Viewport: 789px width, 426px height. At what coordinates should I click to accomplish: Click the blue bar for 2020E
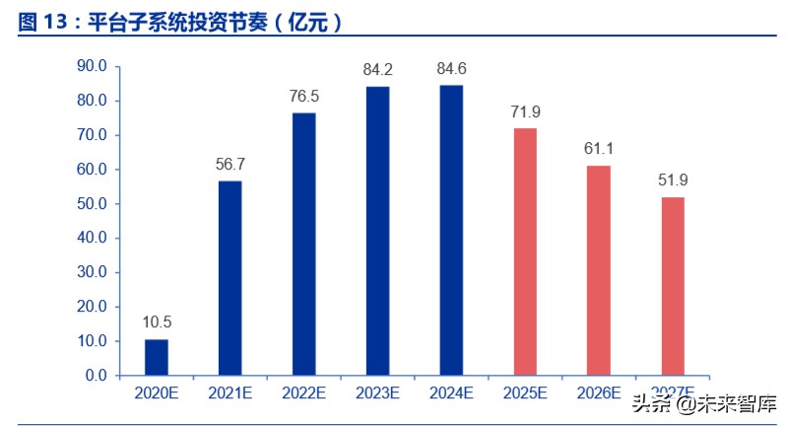click(157, 357)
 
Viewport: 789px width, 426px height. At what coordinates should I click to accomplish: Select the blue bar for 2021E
click(230, 278)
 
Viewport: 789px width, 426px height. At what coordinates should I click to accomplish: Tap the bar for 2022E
click(304, 244)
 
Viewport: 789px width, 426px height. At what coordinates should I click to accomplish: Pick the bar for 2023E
click(378, 231)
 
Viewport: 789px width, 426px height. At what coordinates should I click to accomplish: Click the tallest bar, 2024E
click(451, 230)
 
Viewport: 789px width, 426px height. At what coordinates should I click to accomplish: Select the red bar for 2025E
click(525, 251)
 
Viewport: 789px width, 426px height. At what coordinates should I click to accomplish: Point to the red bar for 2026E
click(599, 270)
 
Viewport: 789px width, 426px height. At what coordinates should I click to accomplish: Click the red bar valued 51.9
click(673, 286)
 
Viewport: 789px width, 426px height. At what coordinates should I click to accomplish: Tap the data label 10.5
click(157, 322)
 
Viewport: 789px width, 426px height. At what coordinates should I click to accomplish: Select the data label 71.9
click(525, 111)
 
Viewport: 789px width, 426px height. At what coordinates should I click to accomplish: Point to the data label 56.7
click(230, 164)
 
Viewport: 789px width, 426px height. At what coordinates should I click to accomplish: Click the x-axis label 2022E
click(304, 392)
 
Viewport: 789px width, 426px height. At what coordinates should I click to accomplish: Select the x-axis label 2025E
click(525, 392)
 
